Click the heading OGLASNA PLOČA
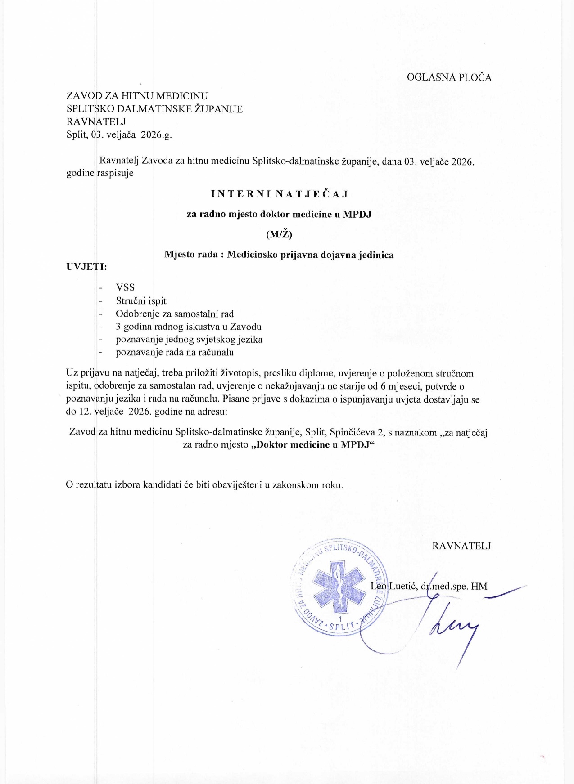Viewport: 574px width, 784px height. click(x=449, y=77)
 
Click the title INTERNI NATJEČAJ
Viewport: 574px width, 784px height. click(x=280, y=194)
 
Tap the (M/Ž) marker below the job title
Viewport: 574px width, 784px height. click(x=279, y=234)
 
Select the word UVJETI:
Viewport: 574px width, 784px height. click(x=87, y=267)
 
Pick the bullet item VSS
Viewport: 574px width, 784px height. click(x=125, y=288)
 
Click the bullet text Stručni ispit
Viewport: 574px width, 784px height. click(x=141, y=301)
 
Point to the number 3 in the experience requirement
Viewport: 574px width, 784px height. click(x=118, y=327)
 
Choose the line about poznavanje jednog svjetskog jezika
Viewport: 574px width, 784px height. click(x=189, y=340)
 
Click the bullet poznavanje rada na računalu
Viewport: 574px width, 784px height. click(x=175, y=353)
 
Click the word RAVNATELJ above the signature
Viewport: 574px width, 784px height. click(x=461, y=546)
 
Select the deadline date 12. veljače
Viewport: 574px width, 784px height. click(x=99, y=412)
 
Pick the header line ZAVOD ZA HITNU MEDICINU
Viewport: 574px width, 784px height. click(x=137, y=96)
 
